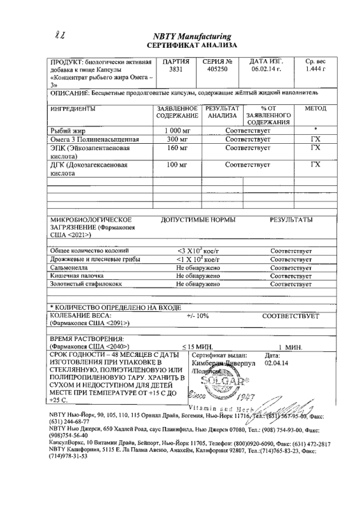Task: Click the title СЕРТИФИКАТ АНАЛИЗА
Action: (x=191, y=46)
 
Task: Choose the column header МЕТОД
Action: (x=315, y=109)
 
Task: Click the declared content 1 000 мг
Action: (x=171, y=130)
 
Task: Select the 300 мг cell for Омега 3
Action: (x=171, y=139)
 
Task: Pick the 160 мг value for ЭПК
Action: (x=171, y=148)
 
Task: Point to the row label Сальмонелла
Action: (x=73, y=268)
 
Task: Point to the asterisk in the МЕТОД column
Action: (x=315, y=129)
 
